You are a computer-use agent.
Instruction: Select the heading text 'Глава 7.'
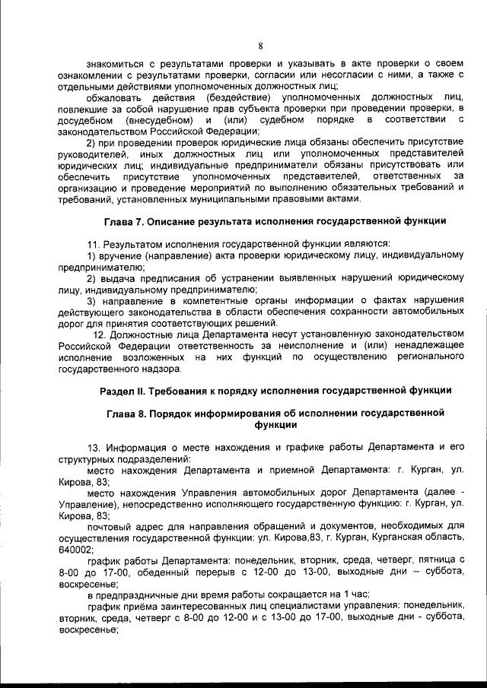123,222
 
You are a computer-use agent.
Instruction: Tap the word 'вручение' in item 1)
122,258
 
